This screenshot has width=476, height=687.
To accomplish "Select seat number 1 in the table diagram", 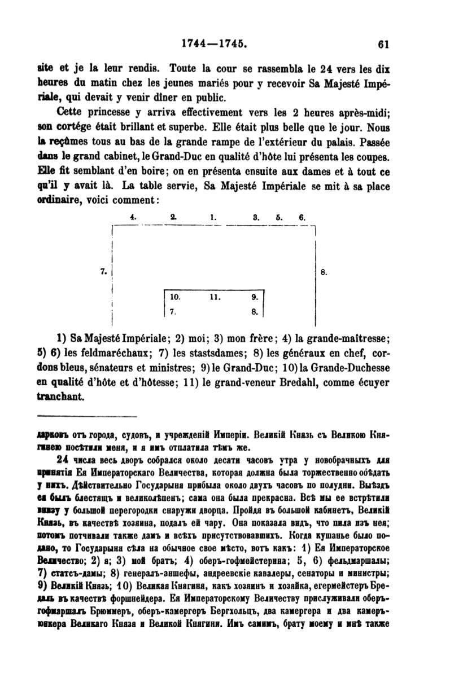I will point(213,217).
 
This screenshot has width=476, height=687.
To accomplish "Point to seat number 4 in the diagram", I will point(133,217).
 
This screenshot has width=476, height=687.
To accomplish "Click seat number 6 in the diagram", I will point(302,217).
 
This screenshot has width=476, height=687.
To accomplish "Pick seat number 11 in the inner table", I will point(214,296).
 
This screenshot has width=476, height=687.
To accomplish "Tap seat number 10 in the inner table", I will point(175,296).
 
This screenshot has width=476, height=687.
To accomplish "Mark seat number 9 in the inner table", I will point(254,296).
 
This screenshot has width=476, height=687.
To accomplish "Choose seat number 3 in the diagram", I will point(256,217).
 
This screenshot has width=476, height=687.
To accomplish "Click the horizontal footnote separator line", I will point(86,417).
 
